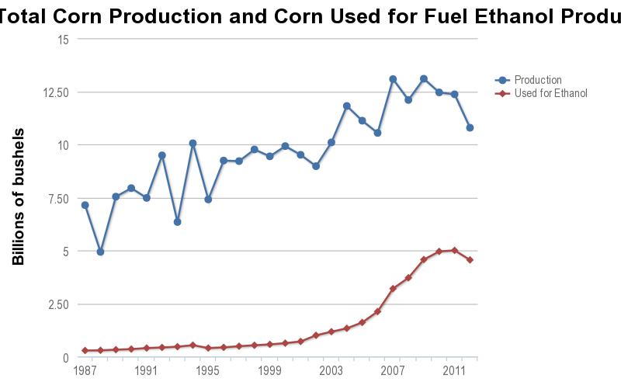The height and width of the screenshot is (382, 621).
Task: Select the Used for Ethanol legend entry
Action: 550,93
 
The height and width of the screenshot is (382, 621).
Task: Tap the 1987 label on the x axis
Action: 85,370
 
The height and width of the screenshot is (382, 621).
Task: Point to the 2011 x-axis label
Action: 454,370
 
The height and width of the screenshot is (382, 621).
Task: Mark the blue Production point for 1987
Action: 85,205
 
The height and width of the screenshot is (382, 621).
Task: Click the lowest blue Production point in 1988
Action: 100,252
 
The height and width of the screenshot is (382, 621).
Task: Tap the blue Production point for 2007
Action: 393,79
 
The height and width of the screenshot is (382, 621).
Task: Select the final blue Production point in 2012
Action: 470,127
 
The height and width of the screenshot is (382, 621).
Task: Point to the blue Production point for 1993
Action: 177,222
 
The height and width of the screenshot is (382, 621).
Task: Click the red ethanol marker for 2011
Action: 454,250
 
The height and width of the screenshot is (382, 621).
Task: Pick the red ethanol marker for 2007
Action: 393,289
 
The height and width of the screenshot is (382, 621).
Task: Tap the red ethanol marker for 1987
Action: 85,350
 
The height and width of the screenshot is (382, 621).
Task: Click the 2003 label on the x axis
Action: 331,370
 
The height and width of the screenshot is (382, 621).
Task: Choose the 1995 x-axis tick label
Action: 208,370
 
